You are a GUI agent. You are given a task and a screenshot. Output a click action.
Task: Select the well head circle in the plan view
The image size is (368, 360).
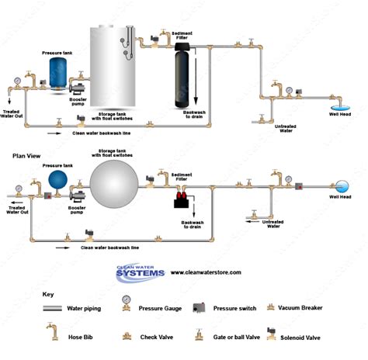tap(342, 186)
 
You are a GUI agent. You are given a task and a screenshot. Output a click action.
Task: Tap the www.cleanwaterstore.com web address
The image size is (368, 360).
tap(206, 272)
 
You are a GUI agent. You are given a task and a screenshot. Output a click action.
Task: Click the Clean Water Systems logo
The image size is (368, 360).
tap(141, 273)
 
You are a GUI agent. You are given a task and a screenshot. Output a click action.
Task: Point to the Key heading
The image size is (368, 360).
tap(48, 295)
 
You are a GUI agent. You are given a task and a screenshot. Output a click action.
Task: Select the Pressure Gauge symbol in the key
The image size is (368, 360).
tap(125, 308)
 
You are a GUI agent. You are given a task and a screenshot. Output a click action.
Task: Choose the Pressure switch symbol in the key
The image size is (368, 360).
tap(200, 308)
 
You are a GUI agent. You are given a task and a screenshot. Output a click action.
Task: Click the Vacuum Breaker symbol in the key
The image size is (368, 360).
tap(272, 308)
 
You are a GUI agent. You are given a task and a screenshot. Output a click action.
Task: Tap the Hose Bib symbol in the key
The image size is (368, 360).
tap(52, 334)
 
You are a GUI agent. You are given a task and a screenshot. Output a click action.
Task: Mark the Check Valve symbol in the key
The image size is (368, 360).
tap(125, 337)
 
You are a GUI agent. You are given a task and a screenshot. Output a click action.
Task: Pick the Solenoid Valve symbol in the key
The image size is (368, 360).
tap(273, 335)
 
